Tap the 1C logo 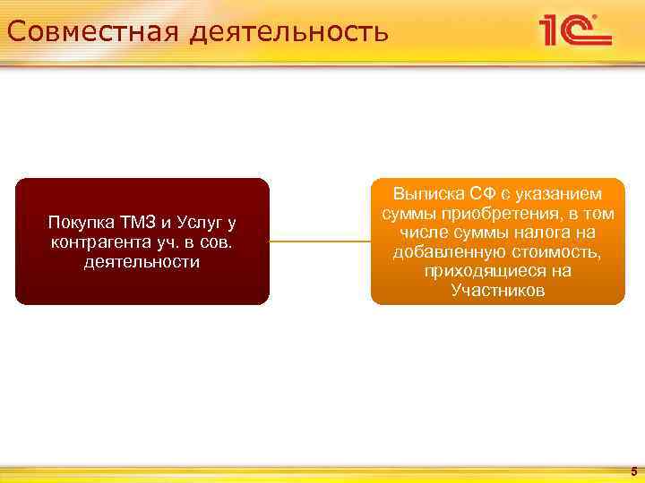coord(574,30)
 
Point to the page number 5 coord(632,470)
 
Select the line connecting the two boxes coord(320,241)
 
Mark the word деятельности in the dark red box coord(142,262)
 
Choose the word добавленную coord(447,252)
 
